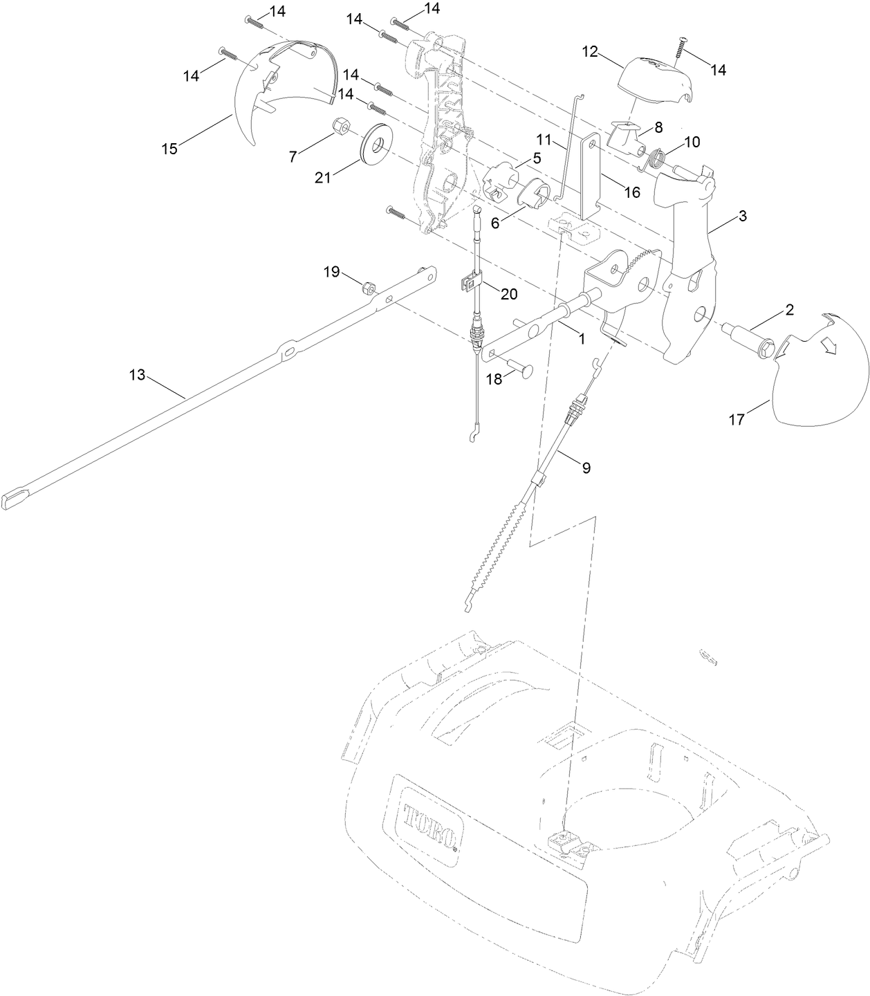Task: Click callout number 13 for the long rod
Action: pos(138,374)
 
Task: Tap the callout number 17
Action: pos(737,419)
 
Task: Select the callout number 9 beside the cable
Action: pos(586,468)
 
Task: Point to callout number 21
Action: pos(323,178)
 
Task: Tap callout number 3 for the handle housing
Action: pos(742,216)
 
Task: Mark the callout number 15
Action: pos(169,148)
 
